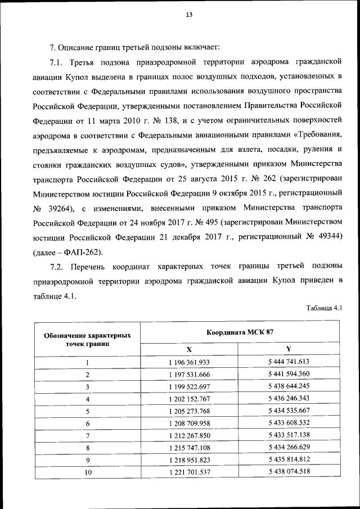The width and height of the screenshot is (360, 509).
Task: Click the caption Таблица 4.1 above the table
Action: coord(325,308)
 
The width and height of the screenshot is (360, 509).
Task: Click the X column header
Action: coord(189,349)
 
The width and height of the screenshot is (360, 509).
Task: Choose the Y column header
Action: coord(289,349)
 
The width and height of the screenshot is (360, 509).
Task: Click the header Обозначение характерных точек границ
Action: coord(88,339)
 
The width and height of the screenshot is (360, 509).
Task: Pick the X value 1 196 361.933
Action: coord(189,362)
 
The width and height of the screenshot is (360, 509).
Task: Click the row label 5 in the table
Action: coord(88,411)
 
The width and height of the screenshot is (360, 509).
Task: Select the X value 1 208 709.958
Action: coord(189,423)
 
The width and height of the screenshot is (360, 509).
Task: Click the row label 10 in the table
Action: coord(88,472)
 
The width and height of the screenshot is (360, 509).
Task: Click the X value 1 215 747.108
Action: coord(189,448)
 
